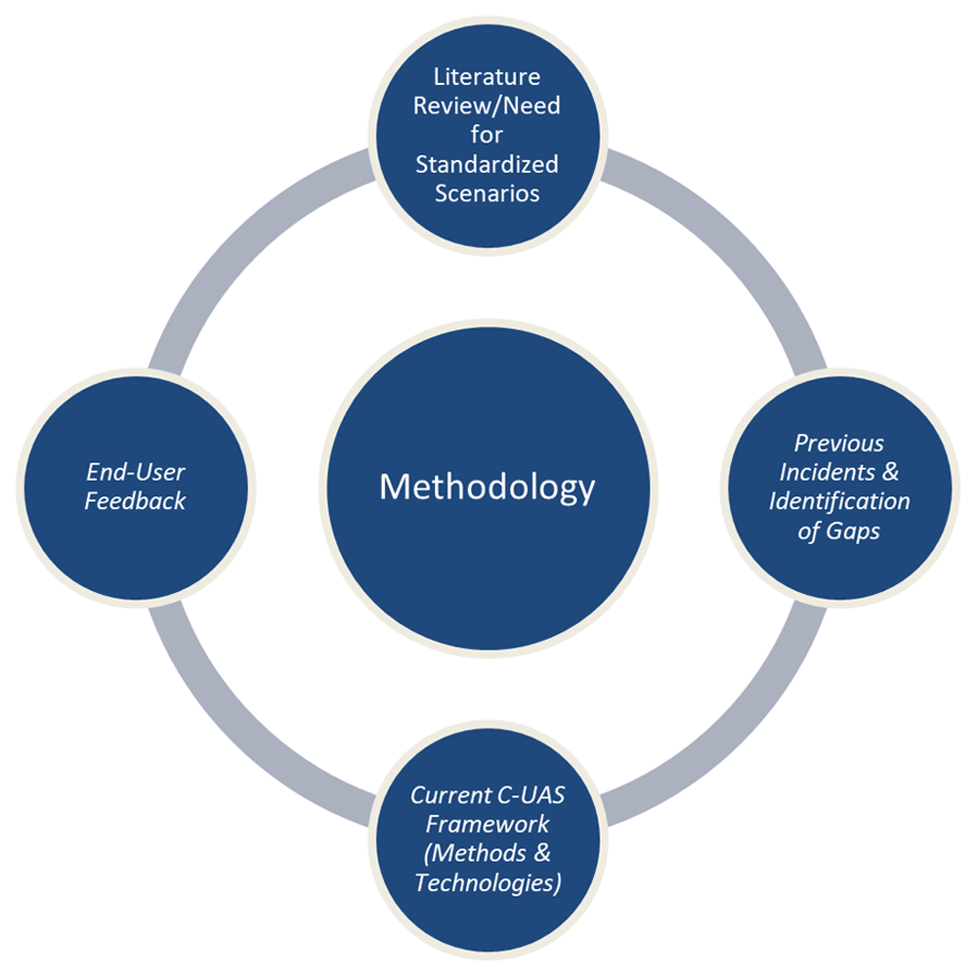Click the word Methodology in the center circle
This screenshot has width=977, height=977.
[x=487, y=487]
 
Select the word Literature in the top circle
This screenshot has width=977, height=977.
[x=488, y=76]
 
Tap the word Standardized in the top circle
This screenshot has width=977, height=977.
[x=488, y=163]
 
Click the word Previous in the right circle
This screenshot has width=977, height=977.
[x=839, y=443]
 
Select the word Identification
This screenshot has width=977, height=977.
[x=839, y=501]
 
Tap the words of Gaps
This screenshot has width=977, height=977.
[x=839, y=531]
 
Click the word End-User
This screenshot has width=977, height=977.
[x=135, y=472]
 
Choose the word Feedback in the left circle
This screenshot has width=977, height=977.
[x=135, y=501]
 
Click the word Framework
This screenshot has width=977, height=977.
[x=488, y=823]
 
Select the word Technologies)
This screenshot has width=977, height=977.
[x=488, y=882]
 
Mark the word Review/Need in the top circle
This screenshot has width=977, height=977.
[x=488, y=106]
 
